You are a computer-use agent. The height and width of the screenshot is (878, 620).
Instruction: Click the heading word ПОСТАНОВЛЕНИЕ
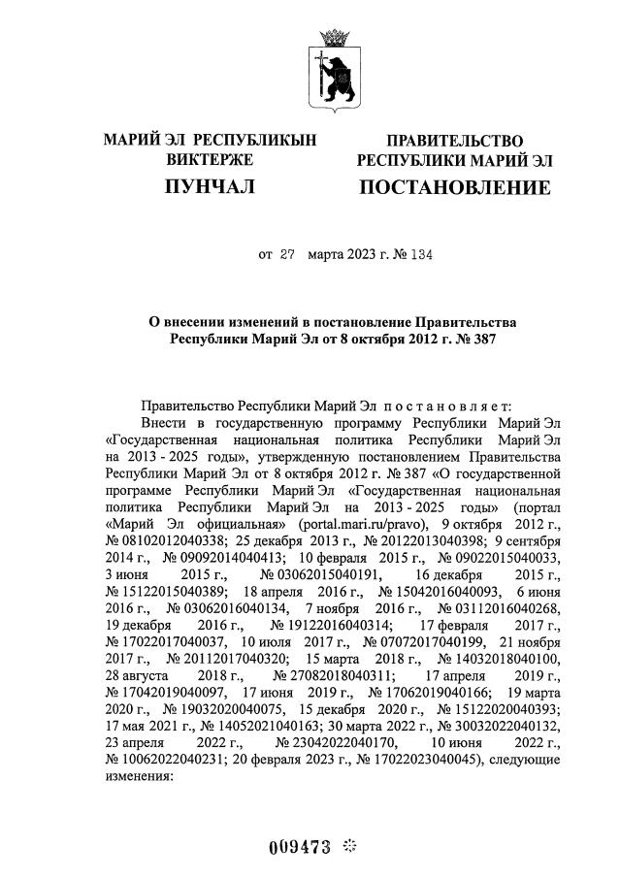(454, 187)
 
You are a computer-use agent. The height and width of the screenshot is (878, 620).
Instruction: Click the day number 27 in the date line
(287, 256)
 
